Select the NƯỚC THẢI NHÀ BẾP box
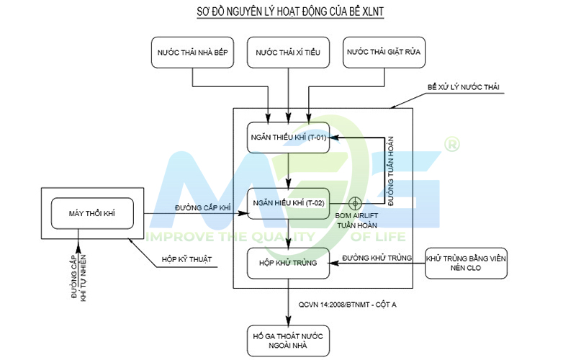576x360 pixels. [x=192, y=53]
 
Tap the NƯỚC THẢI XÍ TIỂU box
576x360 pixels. [x=289, y=53]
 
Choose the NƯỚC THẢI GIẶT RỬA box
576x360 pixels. [x=384, y=53]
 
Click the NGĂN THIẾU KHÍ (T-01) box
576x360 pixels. [x=289, y=138]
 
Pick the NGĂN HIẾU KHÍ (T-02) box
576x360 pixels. [x=289, y=204]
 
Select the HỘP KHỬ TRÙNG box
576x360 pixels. [x=289, y=263]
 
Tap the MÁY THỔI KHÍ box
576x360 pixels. [x=92, y=213]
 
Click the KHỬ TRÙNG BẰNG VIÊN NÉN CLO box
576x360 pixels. [x=466, y=263]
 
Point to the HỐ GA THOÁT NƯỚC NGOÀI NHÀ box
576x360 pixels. [x=289, y=341]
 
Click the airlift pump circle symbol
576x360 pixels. [x=355, y=203]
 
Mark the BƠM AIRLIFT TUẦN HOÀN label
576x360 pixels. [x=356, y=220]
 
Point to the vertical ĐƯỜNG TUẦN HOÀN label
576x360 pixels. [x=390, y=171]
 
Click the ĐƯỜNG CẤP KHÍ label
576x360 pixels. [x=203, y=208]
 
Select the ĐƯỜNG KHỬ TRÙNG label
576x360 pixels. [x=377, y=258]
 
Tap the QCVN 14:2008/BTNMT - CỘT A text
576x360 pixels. [x=348, y=305]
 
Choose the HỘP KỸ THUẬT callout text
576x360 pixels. [x=186, y=259]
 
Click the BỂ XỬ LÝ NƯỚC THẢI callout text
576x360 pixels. [x=464, y=87]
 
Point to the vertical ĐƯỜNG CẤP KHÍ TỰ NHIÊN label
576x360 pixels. [x=78, y=278]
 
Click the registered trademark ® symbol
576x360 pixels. [x=452, y=145]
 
